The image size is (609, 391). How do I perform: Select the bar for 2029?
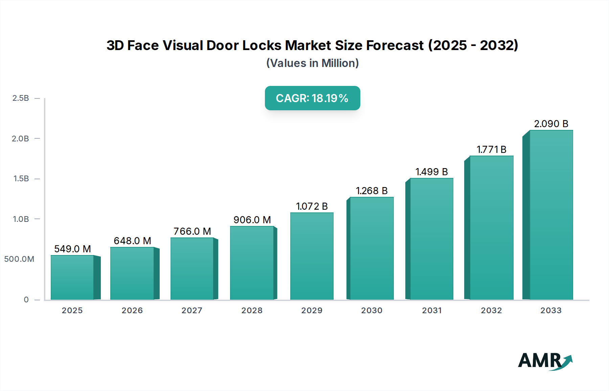(312, 256)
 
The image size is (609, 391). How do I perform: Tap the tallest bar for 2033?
(551, 215)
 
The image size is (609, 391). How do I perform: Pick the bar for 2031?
(431, 239)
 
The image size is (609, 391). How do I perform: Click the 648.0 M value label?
(132, 241)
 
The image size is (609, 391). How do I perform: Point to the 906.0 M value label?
(252, 220)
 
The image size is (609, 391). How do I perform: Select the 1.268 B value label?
(371, 191)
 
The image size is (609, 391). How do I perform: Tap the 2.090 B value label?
(551, 124)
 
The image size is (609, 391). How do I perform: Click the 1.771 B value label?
(491, 149)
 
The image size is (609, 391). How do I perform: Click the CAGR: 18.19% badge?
(312, 98)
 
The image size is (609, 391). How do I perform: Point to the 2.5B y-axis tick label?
(21, 98)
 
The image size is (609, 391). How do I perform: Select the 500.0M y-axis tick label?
(19, 259)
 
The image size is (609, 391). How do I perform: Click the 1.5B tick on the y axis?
(21, 179)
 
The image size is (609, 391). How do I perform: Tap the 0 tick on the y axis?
(26, 300)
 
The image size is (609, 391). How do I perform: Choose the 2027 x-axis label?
(192, 310)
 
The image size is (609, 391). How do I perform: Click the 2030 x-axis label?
(371, 310)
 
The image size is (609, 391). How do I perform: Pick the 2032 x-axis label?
(491, 310)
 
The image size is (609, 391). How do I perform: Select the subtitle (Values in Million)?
(312, 63)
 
